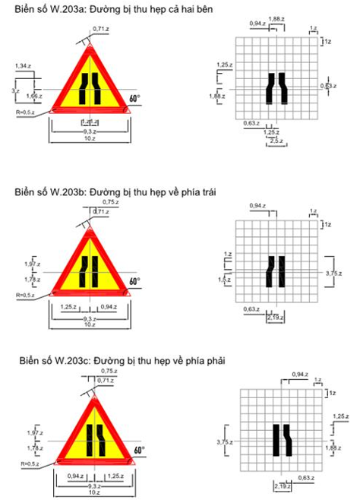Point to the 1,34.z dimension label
click(23, 67)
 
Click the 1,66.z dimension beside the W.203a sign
click(33, 96)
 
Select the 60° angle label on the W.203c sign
click(139, 451)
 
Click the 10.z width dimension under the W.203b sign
click(90, 325)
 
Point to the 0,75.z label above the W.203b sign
click(111, 203)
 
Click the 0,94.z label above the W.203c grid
click(299, 375)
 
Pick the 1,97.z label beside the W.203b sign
click(33, 263)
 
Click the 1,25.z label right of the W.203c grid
click(340, 417)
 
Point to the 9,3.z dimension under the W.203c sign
click(91, 486)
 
